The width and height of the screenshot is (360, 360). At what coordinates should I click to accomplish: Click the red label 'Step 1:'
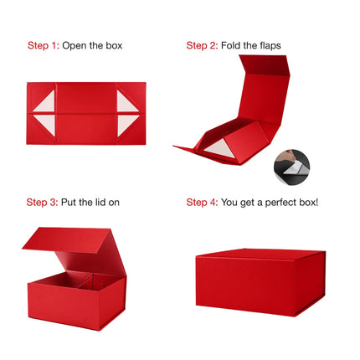click(x=44, y=45)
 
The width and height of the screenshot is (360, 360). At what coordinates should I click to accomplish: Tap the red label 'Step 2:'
click(x=202, y=45)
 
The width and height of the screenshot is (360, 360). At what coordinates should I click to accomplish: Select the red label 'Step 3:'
click(x=42, y=203)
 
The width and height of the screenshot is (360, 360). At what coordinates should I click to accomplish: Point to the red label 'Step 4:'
click(x=203, y=203)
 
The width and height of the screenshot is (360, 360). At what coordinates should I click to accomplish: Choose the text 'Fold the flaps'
click(x=252, y=45)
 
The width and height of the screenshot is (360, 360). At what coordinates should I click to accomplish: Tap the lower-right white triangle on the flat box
click(x=126, y=125)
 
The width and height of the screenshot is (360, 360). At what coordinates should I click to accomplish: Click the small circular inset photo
click(x=291, y=167)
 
